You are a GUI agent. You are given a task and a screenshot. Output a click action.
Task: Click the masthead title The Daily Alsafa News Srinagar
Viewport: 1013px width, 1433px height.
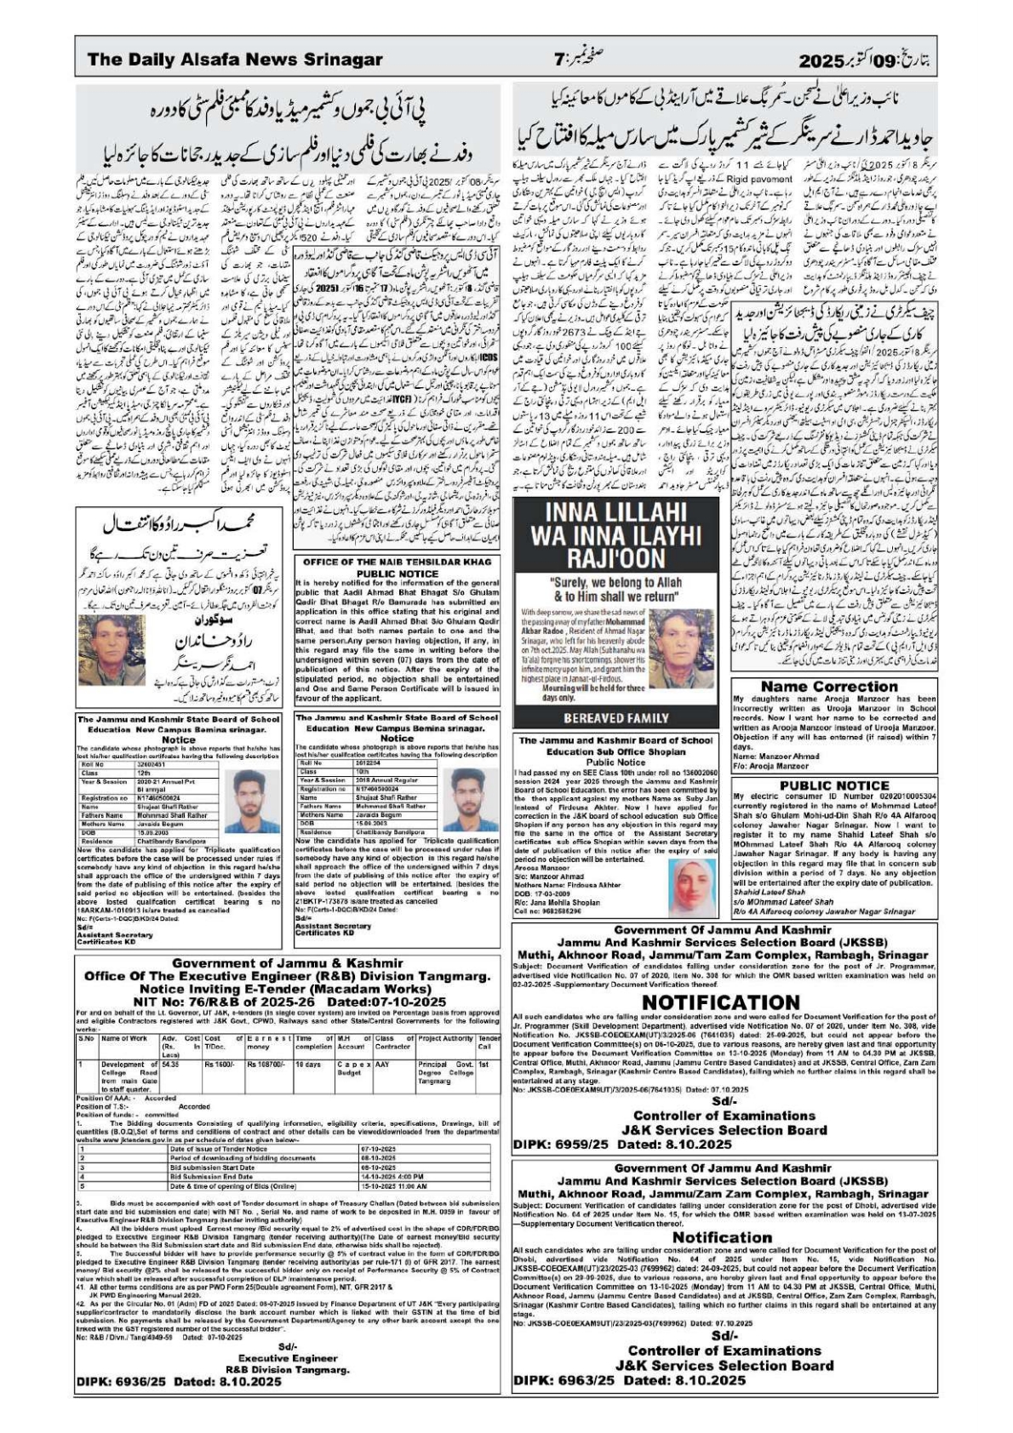point(235,60)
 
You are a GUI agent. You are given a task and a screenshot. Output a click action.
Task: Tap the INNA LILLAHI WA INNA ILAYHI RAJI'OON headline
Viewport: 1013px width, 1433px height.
point(616,535)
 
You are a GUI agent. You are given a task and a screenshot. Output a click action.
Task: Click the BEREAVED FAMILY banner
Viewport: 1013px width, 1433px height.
point(617,718)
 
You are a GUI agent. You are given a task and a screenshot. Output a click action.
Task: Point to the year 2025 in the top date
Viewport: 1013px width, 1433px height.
point(821,60)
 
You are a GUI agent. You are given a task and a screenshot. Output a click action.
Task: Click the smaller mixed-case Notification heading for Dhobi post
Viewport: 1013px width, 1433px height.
point(722,1237)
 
